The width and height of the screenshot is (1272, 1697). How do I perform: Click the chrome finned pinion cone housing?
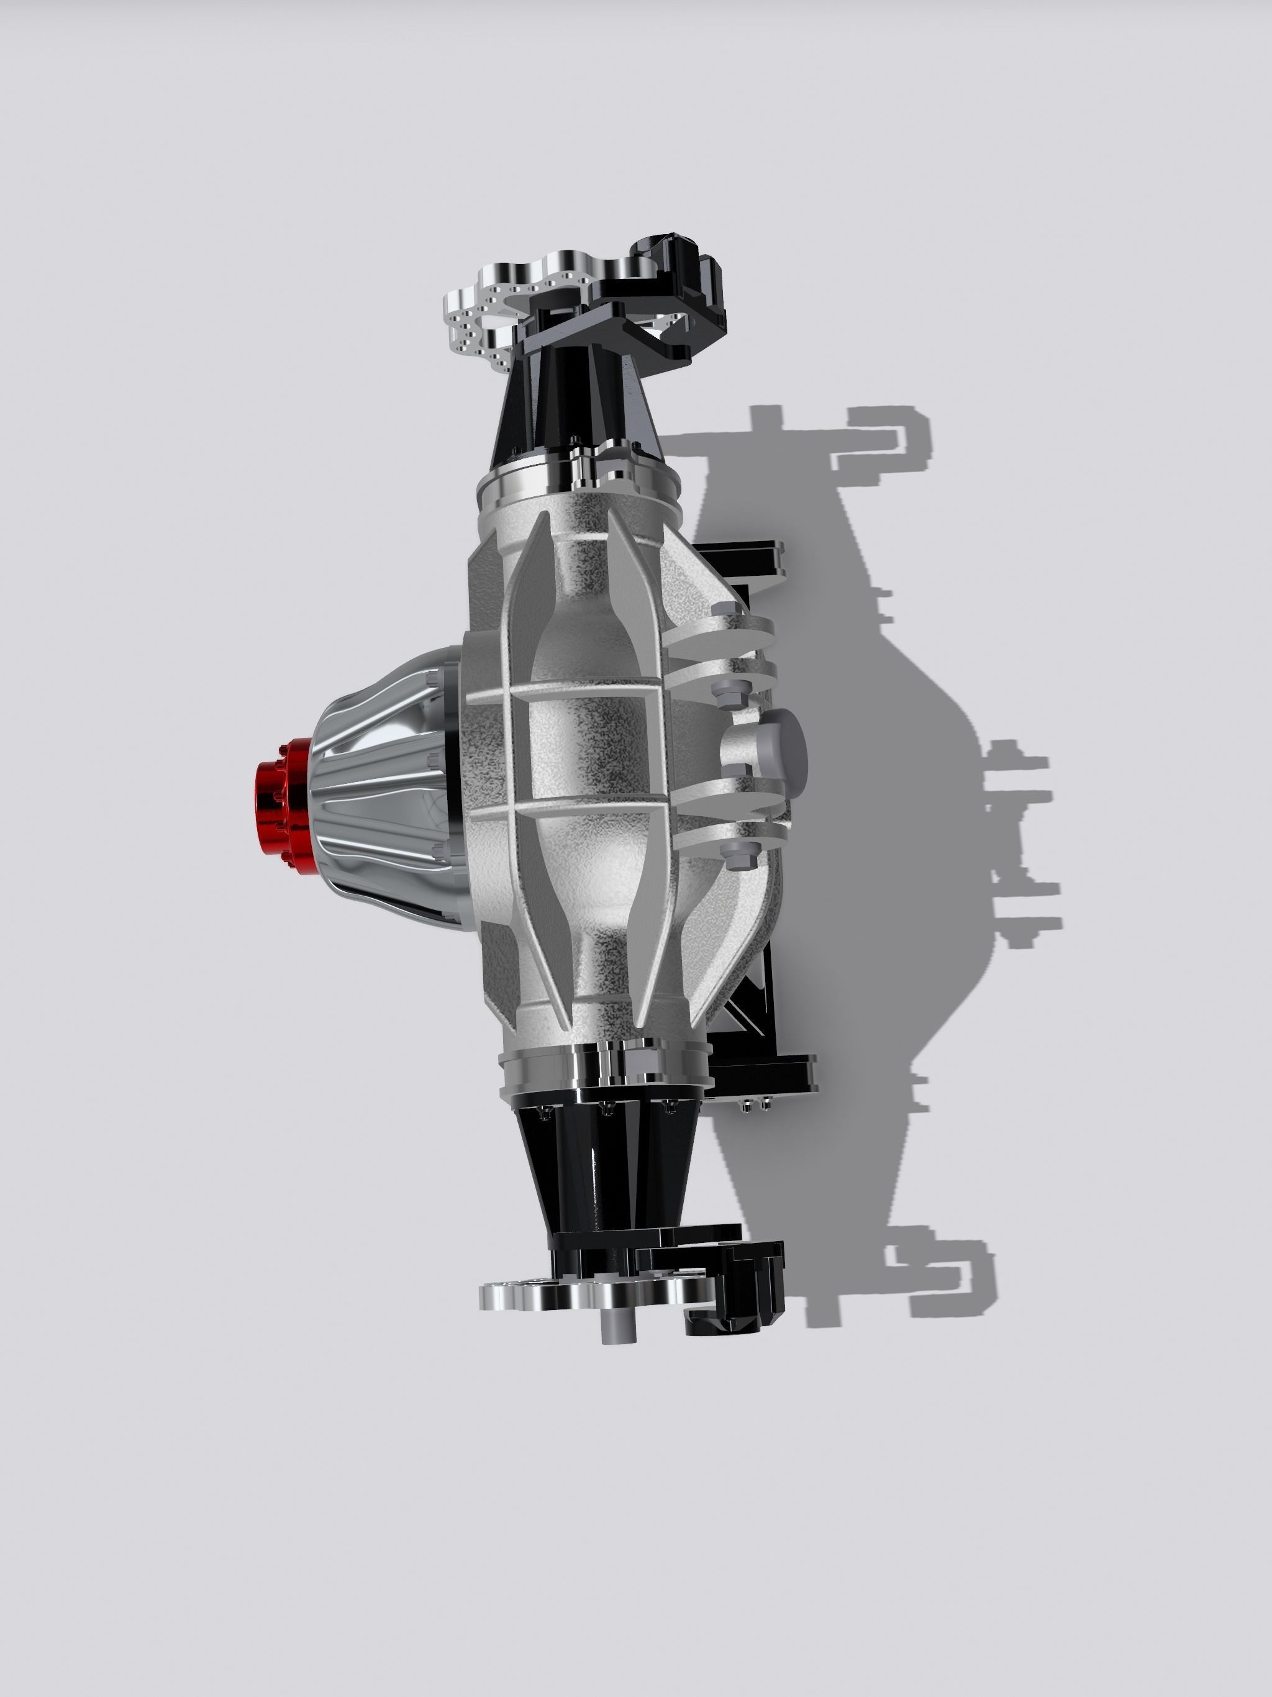(x=384, y=790)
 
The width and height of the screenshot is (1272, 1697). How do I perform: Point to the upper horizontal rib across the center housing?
(x=568, y=691)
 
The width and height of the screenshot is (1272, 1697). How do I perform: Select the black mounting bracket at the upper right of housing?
(x=740, y=560)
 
